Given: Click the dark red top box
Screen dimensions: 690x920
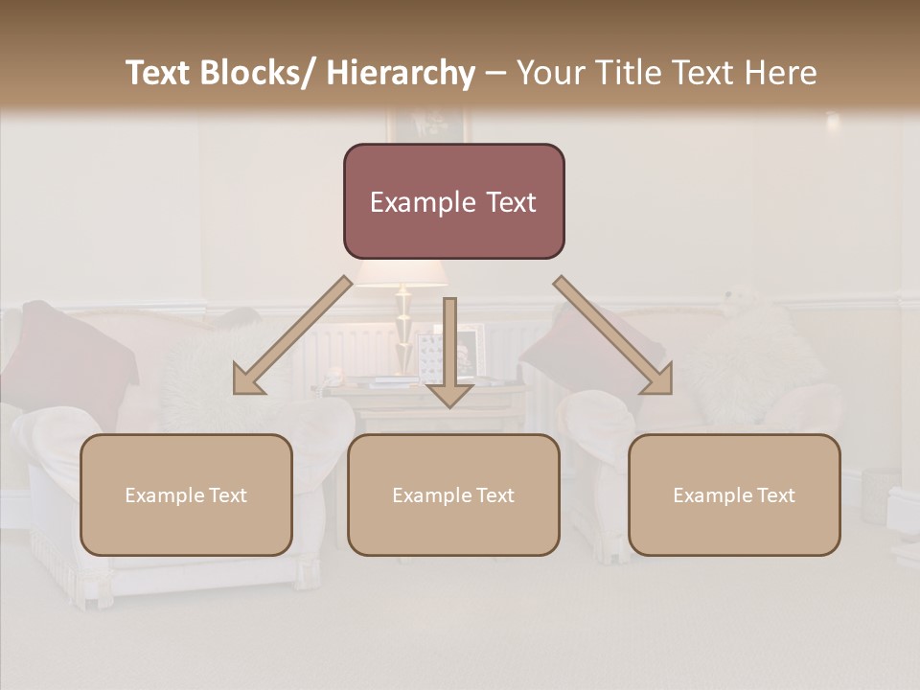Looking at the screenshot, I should click(x=453, y=201).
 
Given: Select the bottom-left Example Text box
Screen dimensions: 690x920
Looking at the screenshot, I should click(x=186, y=494).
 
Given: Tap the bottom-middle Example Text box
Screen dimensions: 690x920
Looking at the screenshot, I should click(x=453, y=494).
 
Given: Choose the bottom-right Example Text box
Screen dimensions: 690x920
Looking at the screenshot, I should click(x=734, y=494).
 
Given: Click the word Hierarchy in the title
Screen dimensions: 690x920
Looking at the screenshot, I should click(x=401, y=73).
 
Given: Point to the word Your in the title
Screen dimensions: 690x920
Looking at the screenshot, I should click(x=550, y=73).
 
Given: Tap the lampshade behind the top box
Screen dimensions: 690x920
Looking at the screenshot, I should click(x=401, y=274).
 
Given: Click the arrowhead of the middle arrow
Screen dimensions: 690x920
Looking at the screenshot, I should click(x=449, y=394).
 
